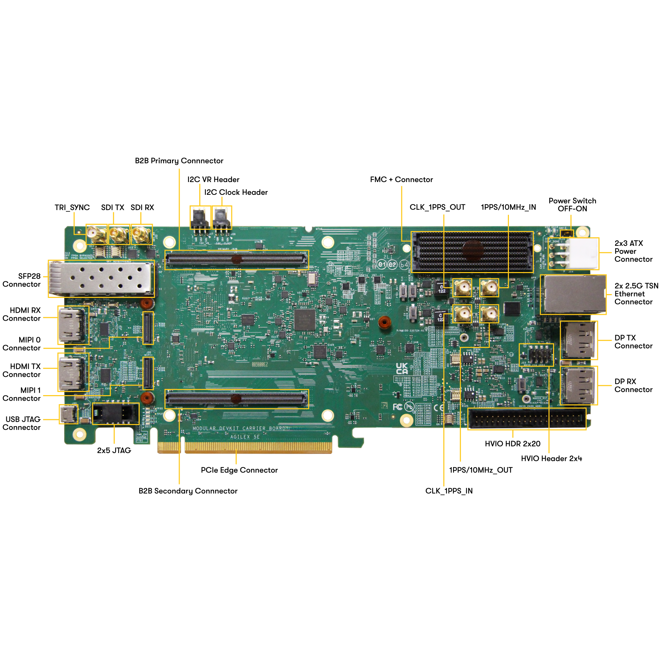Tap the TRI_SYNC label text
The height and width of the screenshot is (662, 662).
click(x=72, y=208)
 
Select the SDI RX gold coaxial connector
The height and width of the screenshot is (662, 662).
click(x=141, y=234)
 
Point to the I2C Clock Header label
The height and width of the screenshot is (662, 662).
click(x=236, y=192)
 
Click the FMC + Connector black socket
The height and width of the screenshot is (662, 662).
click(x=472, y=252)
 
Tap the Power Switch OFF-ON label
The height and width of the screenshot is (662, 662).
click(x=572, y=205)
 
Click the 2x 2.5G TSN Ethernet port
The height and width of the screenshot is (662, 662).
click(x=573, y=295)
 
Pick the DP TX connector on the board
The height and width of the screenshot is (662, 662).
click(x=578, y=340)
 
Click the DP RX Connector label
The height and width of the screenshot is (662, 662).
click(x=633, y=385)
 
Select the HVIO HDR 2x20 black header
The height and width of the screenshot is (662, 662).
click(x=526, y=419)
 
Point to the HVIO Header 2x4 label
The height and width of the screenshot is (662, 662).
click(x=551, y=459)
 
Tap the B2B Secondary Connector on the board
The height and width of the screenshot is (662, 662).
click(x=237, y=399)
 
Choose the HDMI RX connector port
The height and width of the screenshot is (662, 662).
click(x=73, y=325)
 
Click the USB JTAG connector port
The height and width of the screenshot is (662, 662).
click(x=68, y=414)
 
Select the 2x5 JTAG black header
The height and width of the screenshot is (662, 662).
click(x=116, y=413)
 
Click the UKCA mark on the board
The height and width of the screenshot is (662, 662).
click(x=402, y=369)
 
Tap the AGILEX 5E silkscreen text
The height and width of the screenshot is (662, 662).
click(x=245, y=437)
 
